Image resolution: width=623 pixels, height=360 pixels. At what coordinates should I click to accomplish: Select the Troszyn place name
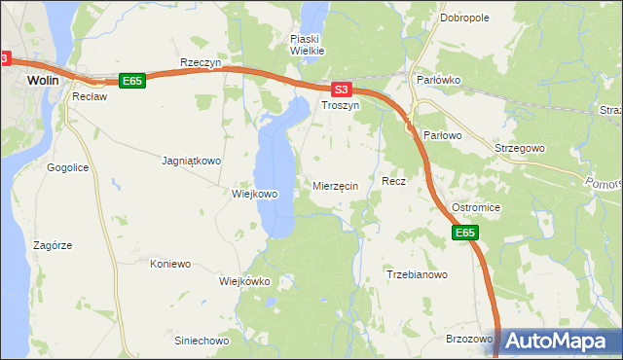pyautogui.click(x=341, y=105)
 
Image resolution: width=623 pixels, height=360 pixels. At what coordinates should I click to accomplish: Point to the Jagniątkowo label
pyautogui.click(x=192, y=161)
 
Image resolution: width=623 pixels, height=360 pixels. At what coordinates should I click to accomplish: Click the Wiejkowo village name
pyautogui.click(x=255, y=194)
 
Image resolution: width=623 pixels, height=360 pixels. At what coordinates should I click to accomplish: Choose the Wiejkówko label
pyautogui.click(x=244, y=281)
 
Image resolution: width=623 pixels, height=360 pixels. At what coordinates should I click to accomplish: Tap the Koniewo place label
pyautogui.click(x=170, y=264)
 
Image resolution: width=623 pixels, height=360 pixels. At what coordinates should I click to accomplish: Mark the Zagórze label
pyautogui.click(x=53, y=246)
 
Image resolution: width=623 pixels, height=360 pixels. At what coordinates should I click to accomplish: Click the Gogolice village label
pyautogui.click(x=68, y=167)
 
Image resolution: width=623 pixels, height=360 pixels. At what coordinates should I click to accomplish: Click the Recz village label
pyautogui.click(x=393, y=181)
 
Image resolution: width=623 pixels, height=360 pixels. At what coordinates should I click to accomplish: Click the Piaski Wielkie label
pyautogui.click(x=307, y=44)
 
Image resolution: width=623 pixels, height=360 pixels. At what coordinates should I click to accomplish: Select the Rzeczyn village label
pyautogui.click(x=202, y=62)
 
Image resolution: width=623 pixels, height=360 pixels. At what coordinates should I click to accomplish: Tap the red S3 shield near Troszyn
pyautogui.click(x=340, y=88)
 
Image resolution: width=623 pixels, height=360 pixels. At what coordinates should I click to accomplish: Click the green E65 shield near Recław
pyautogui.click(x=132, y=81)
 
